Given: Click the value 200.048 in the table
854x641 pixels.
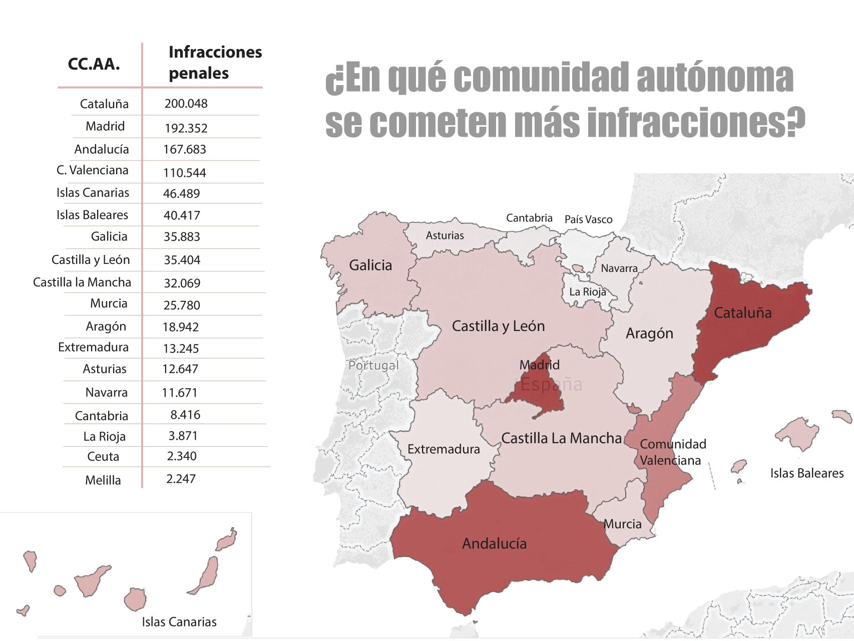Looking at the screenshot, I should point(186,104).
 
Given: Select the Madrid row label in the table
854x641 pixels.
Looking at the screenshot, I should point(105,126).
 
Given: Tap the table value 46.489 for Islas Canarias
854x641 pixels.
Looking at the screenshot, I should point(181,193).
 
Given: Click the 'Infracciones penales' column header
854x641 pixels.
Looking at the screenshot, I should point(215,63).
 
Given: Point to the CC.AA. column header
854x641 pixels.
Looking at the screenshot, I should point(94,65).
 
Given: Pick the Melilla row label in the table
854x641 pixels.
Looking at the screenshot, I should point(103,480).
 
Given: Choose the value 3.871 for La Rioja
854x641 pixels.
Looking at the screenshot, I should point(183,436).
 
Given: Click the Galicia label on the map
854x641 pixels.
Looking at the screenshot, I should point(370,265).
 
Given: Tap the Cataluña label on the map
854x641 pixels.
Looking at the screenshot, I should point(742,313).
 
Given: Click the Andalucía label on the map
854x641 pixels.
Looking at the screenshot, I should point(494,543).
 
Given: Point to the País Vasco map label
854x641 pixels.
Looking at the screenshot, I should point(588,219).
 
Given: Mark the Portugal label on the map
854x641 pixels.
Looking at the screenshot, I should point(373,366).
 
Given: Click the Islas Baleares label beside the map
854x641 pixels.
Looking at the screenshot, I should point(806,473).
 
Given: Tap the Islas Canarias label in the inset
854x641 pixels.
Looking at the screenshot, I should point(179,622).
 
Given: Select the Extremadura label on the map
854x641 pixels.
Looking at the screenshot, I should point(444,449).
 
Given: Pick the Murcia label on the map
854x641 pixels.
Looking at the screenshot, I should point(622,524).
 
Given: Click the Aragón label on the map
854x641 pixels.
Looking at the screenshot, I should point(649,334).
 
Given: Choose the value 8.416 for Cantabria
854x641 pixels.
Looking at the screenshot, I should point(185,415).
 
